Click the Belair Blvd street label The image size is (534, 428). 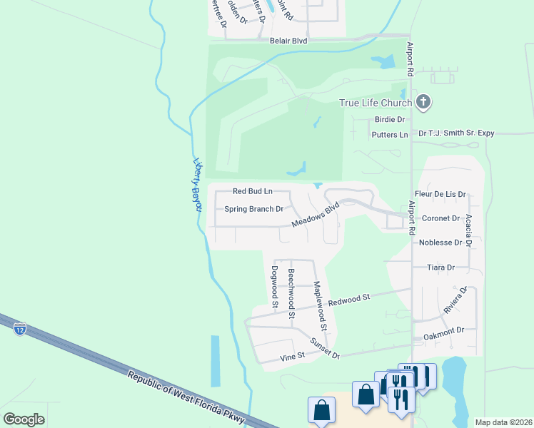pyautogui.click(x=288, y=41)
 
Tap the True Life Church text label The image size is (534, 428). pyautogui.click(x=376, y=103)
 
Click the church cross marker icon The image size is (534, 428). pyautogui.click(x=423, y=102)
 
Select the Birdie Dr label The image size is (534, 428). pyautogui.click(x=391, y=120)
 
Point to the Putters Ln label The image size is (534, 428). pyautogui.click(x=390, y=134)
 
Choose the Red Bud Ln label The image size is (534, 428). pyautogui.click(x=253, y=191)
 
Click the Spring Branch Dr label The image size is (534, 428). pyautogui.click(x=254, y=210)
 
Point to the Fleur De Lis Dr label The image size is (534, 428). pyautogui.click(x=440, y=194)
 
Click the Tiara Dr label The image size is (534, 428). pyautogui.click(x=440, y=267)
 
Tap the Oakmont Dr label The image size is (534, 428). pyautogui.click(x=443, y=330)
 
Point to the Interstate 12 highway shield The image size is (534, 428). pyautogui.click(x=19, y=329)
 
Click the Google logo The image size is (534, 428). pyautogui.click(x=24, y=419)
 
